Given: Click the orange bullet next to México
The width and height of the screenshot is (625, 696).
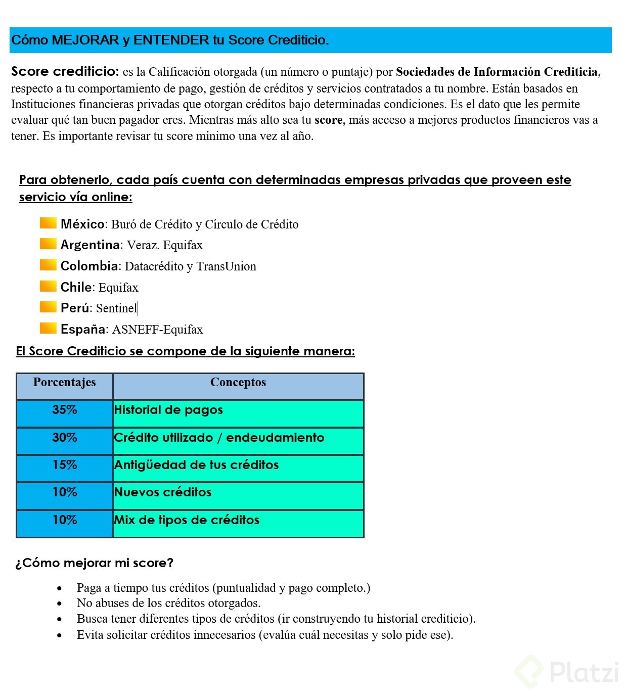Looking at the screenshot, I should (x=48, y=223).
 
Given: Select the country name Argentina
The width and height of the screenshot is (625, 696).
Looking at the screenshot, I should (x=90, y=245).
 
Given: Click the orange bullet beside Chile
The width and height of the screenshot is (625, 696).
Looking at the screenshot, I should (x=48, y=286).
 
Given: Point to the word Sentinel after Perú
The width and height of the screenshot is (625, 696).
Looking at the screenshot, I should (x=116, y=308).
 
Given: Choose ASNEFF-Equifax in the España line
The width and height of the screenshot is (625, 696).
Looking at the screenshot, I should (x=157, y=330).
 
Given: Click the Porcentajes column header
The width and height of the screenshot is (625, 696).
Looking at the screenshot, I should (x=64, y=383).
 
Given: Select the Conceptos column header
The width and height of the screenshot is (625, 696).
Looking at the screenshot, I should (x=238, y=383).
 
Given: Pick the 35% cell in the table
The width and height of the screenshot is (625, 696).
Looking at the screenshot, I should (x=64, y=410).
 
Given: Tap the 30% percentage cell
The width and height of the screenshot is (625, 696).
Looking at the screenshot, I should (x=64, y=438).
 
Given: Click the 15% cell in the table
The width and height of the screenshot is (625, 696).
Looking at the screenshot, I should (x=64, y=465).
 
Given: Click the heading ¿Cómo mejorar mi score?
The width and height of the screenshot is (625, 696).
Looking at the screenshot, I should (x=95, y=563).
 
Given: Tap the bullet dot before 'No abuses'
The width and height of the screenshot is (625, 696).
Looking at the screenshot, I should (x=60, y=604).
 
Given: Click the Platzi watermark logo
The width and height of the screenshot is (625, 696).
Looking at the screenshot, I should (x=566, y=672).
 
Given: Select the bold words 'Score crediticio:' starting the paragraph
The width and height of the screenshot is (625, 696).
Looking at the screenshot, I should (x=65, y=71).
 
